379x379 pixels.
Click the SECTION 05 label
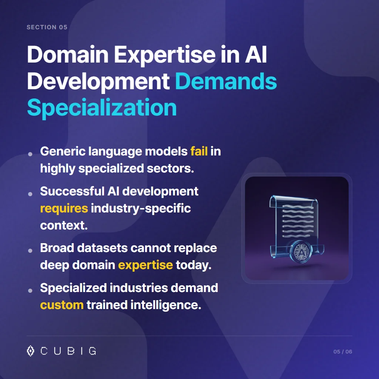(x=47, y=27)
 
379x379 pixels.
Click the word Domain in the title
(x=67, y=55)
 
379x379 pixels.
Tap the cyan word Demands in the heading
(x=226, y=81)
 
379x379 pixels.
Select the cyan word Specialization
(x=102, y=107)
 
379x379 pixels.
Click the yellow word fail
(x=199, y=151)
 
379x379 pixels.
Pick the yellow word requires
(x=64, y=208)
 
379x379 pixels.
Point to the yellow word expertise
(x=145, y=265)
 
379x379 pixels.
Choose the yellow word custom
(x=61, y=305)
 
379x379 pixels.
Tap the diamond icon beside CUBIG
(x=31, y=351)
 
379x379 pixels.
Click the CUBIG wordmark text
(x=68, y=351)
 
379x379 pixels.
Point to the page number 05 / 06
(x=343, y=352)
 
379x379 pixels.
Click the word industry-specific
(x=141, y=208)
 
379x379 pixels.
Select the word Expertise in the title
(x=164, y=55)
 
